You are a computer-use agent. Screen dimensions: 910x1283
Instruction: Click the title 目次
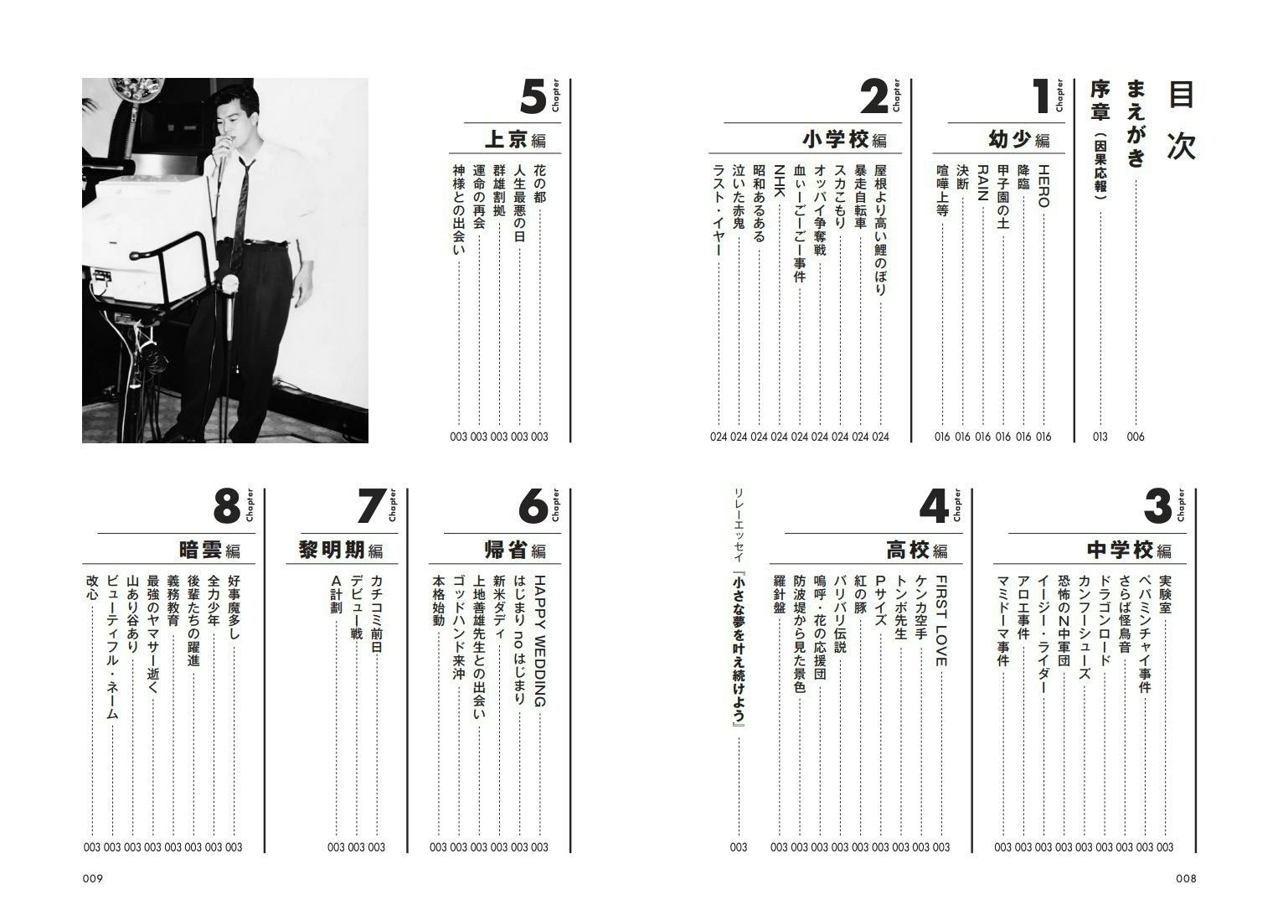(1181, 121)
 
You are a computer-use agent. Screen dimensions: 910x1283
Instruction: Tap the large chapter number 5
(533, 98)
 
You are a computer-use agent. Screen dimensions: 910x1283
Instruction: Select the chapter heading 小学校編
(844, 139)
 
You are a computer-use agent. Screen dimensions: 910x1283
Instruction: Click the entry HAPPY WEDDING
(539, 641)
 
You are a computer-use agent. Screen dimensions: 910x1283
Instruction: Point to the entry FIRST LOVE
(940, 620)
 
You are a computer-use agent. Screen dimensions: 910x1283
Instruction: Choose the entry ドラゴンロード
(1104, 621)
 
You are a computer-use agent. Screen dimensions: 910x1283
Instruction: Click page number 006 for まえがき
(1136, 437)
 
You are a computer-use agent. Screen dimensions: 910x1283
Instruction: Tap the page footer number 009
(92, 879)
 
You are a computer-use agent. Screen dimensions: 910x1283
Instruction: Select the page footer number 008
(1186, 879)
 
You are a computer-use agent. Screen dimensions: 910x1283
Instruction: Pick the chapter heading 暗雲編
(209, 551)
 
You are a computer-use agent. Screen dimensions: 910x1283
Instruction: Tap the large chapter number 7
(369, 507)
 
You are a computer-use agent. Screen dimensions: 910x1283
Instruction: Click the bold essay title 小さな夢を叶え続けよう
(738, 649)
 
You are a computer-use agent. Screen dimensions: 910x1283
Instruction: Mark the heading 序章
(1099, 100)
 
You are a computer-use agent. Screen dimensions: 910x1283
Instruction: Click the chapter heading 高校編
(916, 551)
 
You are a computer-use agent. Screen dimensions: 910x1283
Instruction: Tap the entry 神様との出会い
(458, 209)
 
